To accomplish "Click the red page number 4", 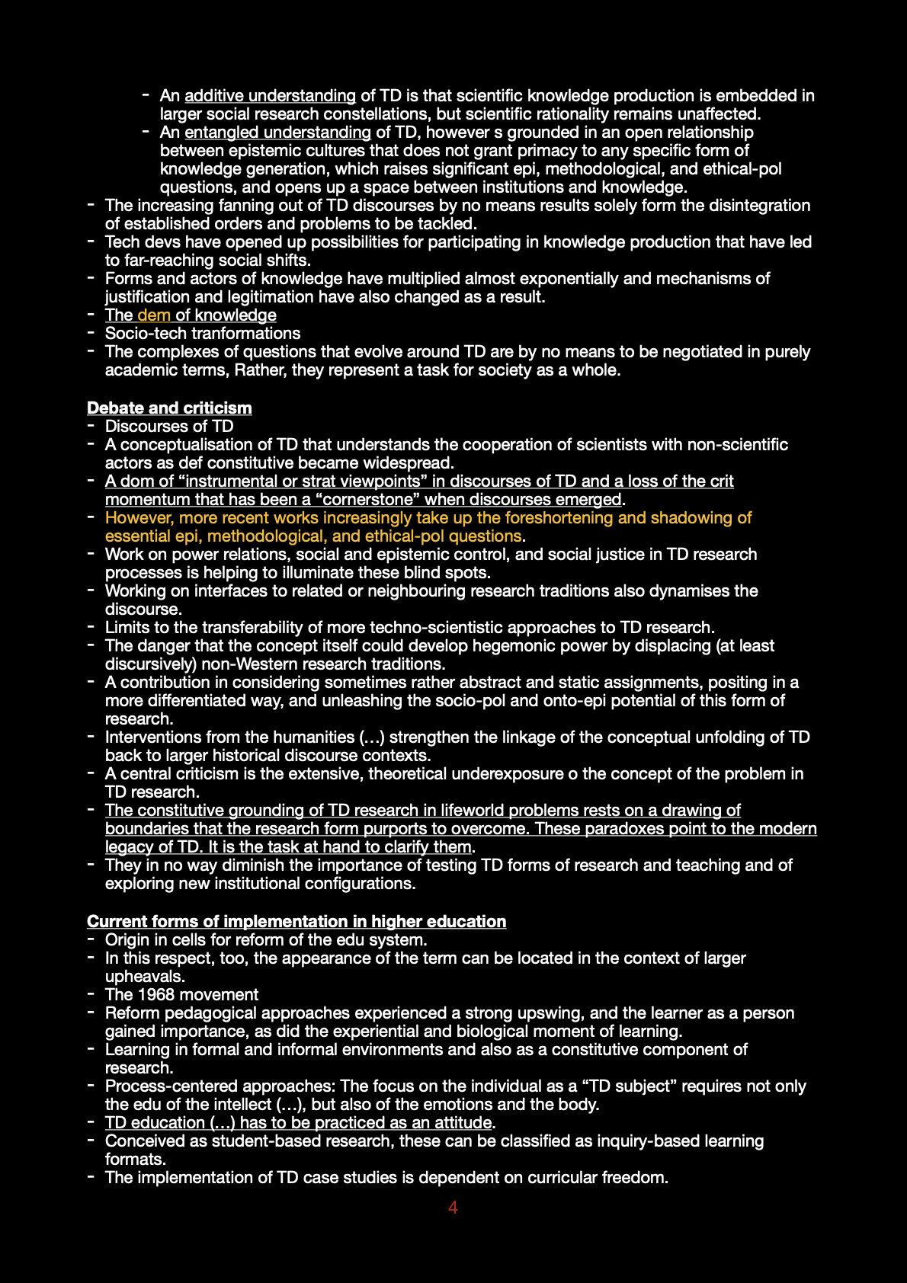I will click(453, 1207).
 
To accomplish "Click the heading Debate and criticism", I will click(169, 408).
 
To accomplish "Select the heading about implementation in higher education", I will click(296, 921).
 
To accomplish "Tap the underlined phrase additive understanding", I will click(270, 95).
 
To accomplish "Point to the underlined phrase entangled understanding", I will click(277, 132).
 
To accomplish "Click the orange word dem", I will click(154, 315).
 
